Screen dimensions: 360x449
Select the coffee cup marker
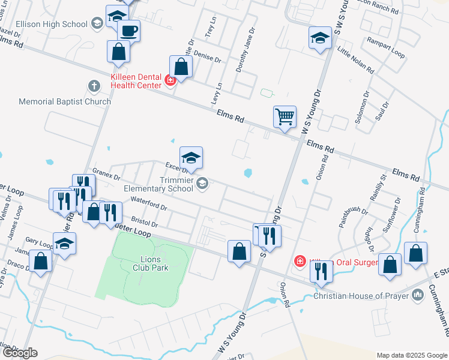(x=128, y=30)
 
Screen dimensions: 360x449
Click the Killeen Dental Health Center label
(x=136, y=81)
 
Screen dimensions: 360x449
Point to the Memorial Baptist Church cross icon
(x=94, y=86)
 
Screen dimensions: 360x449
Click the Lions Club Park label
(x=150, y=263)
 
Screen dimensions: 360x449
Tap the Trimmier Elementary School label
(x=159, y=184)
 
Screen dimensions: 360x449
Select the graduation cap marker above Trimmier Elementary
(x=191, y=158)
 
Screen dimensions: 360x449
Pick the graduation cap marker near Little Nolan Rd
(x=320, y=38)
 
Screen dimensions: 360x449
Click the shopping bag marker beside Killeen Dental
(x=181, y=67)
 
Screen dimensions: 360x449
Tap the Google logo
(x=20, y=352)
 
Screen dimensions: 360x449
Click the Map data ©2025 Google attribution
(x=411, y=355)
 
